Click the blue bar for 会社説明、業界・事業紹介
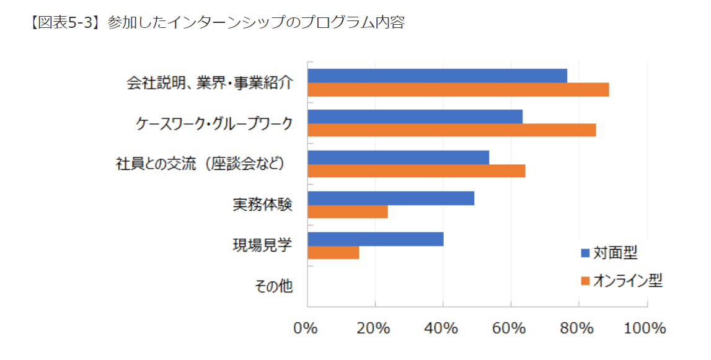(x=437, y=76)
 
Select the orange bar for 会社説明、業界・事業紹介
(x=458, y=89)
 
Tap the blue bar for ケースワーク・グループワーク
(x=415, y=116)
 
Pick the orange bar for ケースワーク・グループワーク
(x=451, y=130)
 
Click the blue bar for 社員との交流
(x=398, y=157)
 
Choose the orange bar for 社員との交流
(x=416, y=171)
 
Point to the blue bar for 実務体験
(x=391, y=198)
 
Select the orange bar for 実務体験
(x=347, y=212)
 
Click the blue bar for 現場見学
(x=375, y=239)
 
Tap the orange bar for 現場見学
(x=333, y=253)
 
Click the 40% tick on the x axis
(x=442, y=328)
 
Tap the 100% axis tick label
(x=645, y=328)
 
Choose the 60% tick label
(x=510, y=328)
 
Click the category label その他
(x=273, y=286)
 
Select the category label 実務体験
(x=262, y=204)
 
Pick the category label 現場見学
(x=262, y=245)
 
